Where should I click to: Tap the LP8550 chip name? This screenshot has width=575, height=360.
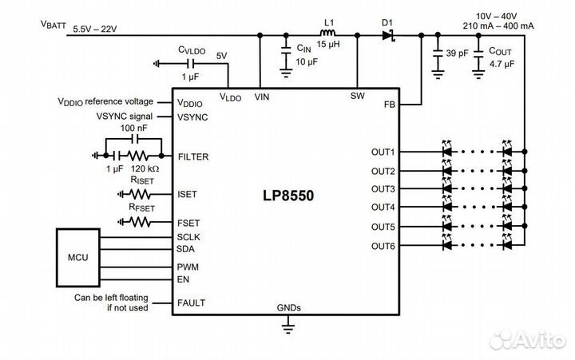point(288,196)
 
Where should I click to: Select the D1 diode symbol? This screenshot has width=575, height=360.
point(388,35)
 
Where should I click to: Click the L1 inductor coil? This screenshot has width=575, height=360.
point(328,33)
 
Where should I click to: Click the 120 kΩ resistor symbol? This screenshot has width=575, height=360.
point(138,156)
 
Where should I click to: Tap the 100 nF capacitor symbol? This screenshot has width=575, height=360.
point(134,139)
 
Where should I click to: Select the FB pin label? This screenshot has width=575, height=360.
point(390,105)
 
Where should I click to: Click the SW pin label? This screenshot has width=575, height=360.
point(358,96)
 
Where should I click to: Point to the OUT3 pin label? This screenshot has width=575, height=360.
point(383,189)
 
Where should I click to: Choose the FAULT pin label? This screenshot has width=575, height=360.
point(191,303)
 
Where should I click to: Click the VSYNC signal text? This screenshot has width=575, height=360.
point(125,117)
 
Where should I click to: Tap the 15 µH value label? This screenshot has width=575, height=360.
point(328,45)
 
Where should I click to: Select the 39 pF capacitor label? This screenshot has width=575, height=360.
point(458,53)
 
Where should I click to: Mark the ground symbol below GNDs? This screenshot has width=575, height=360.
point(288,327)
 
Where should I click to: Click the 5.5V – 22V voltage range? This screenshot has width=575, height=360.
point(95,30)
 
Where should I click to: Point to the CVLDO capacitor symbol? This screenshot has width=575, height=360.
point(191,64)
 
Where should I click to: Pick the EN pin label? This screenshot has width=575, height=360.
point(183,279)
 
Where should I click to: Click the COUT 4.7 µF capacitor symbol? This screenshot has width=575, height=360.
point(478,58)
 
